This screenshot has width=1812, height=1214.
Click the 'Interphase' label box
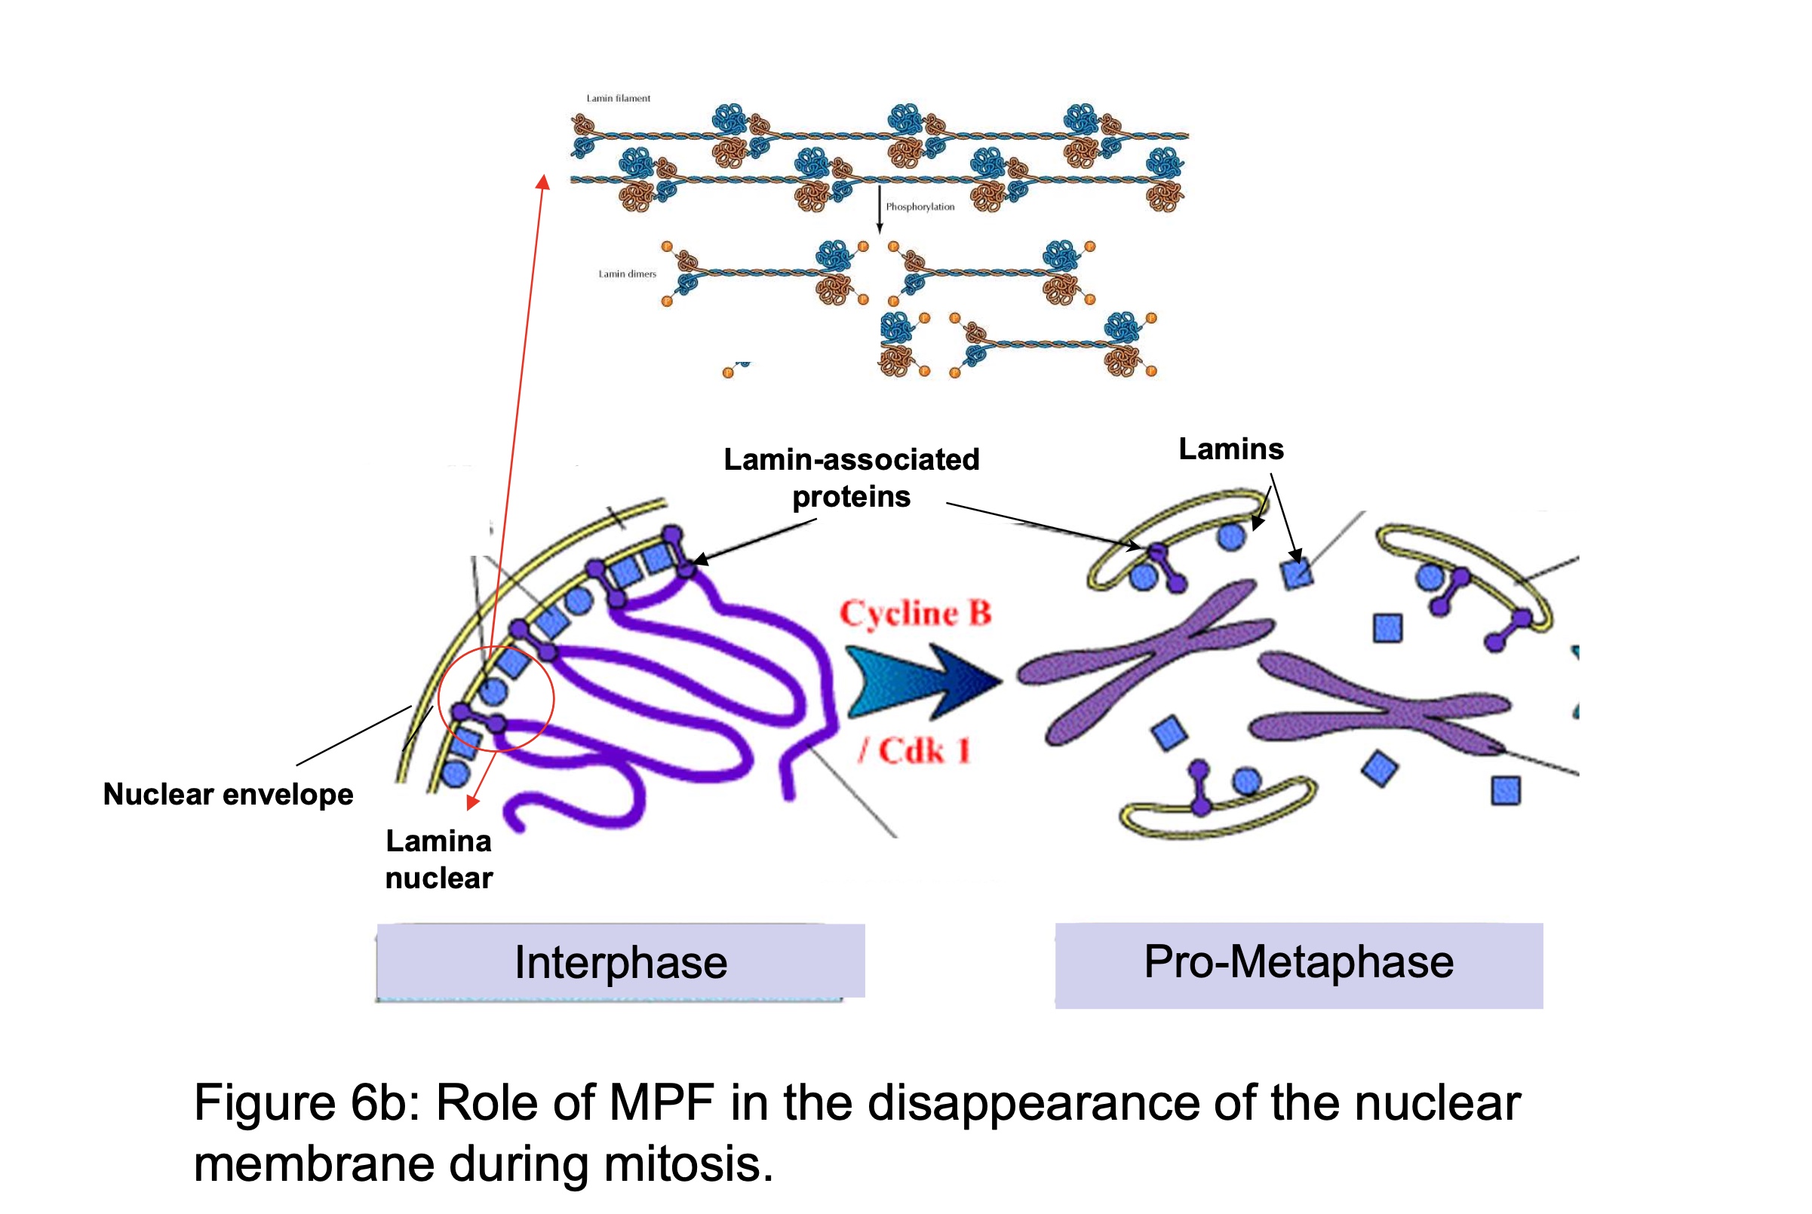pyautogui.click(x=620, y=962)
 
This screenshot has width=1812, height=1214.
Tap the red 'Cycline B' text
pyautogui.click(x=915, y=613)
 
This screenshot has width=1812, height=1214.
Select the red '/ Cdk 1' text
pyautogui.click(x=914, y=750)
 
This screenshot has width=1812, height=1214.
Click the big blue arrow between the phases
pyautogui.click(x=922, y=682)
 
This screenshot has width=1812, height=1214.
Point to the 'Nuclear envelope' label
pyautogui.click(x=228, y=794)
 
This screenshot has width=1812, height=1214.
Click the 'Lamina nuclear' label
pyautogui.click(x=438, y=860)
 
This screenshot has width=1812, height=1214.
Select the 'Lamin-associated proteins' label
pyautogui.click(x=851, y=478)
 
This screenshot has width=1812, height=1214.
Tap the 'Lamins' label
pyautogui.click(x=1230, y=449)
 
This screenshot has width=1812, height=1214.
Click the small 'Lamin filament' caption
pyautogui.click(x=618, y=98)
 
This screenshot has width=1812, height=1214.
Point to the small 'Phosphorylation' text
pyautogui.click(x=920, y=207)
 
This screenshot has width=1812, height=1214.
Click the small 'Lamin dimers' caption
pyautogui.click(x=626, y=274)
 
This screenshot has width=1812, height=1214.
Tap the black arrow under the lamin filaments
pyautogui.click(x=879, y=209)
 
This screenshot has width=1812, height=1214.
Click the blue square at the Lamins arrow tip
pyautogui.click(x=1297, y=574)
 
